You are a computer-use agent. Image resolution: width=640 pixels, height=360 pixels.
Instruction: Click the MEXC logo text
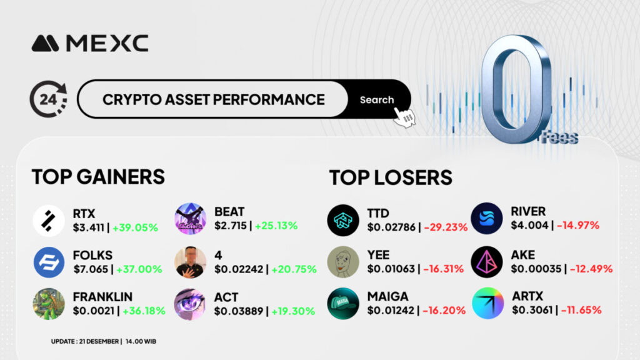tap(107, 43)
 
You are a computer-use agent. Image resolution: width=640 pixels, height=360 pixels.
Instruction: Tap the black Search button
tap(377, 99)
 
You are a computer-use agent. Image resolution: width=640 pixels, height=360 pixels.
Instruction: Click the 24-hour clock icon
tap(49, 99)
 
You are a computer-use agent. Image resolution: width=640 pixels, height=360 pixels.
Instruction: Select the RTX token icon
tap(49, 221)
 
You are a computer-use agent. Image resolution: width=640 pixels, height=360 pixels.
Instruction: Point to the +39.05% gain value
tap(135, 227)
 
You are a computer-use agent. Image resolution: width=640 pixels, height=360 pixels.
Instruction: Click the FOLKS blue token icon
tap(49, 262)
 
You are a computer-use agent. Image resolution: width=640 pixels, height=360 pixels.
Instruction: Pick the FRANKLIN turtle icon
tap(49, 304)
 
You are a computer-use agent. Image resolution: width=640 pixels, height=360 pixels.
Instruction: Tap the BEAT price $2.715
tap(231, 226)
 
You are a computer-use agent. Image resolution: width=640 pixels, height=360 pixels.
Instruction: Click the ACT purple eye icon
tap(190, 304)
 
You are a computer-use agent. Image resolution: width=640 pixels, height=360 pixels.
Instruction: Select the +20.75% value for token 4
tap(294, 269)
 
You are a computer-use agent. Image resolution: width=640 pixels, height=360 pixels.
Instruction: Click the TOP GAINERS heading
tap(98, 177)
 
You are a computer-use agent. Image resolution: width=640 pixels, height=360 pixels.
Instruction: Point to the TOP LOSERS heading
tap(391, 177)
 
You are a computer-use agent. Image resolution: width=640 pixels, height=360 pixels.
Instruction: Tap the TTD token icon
tap(343, 221)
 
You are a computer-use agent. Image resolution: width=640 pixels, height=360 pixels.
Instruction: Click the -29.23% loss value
tap(446, 227)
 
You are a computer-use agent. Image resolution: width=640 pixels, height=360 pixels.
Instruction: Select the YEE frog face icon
tap(343, 262)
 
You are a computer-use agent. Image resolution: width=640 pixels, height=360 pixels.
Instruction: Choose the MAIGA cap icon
tap(343, 304)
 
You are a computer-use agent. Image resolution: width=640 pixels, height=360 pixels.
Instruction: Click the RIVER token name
tap(528, 211)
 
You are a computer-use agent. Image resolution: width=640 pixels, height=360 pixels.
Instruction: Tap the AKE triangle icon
tap(486, 262)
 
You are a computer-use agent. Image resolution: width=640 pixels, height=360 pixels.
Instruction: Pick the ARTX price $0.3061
tap(532, 310)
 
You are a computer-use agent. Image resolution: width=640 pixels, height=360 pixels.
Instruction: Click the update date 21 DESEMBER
tap(99, 341)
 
